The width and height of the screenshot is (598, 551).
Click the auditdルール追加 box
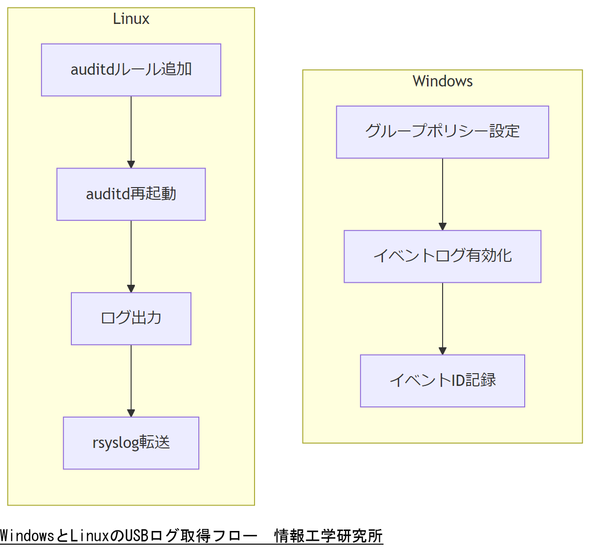131,70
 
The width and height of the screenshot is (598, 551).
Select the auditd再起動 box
131,194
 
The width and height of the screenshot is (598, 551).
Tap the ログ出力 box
131,318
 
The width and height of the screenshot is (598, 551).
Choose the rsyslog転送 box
131,443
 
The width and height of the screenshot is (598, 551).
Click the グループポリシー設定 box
442,132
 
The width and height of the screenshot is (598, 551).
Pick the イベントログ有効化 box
442,256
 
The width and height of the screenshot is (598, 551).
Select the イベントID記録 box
442,381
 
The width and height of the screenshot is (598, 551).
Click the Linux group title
131,19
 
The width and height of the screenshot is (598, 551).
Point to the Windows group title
442,81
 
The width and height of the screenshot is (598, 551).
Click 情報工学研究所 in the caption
328,536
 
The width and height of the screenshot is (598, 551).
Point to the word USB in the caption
137,536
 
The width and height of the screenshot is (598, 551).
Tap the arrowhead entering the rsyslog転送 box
131,413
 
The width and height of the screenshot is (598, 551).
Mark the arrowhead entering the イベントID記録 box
443,351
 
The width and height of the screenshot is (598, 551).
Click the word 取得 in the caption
195,536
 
